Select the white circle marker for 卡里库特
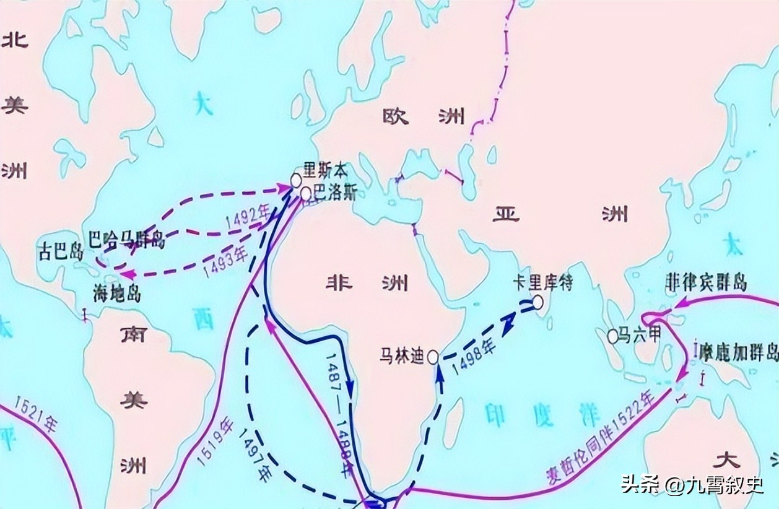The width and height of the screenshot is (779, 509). point(537,302)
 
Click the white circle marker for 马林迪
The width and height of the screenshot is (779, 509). point(433,357)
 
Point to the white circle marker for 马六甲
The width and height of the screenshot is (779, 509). point(612,336)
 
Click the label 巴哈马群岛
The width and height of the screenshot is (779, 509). point(126,238)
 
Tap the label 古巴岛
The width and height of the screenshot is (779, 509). point(59,253)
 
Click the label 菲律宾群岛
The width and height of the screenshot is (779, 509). point(705,282)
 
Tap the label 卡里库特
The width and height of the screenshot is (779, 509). point(542,282)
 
